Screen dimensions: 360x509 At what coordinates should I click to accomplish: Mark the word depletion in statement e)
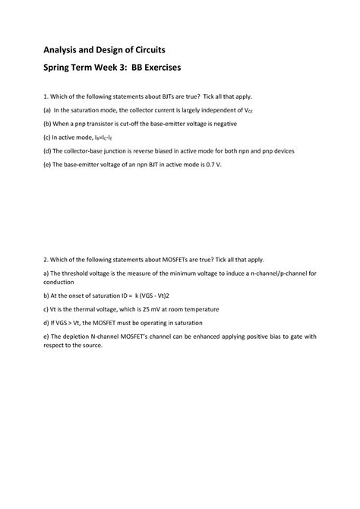(79, 336)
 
